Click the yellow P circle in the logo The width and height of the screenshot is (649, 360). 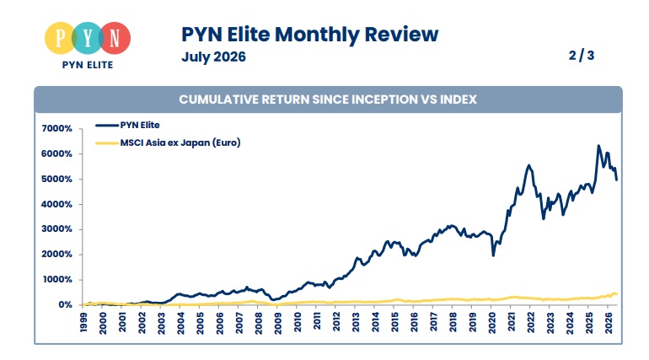[61, 38]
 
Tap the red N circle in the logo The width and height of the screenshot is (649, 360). [115, 38]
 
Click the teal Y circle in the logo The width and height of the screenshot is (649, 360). [88, 38]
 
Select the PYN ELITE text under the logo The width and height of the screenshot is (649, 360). [88, 65]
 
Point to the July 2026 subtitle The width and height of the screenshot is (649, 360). [213, 56]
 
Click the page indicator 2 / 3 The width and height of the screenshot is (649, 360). [582, 55]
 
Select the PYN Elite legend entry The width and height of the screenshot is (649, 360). [127, 125]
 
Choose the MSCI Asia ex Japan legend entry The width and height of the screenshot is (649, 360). [168, 142]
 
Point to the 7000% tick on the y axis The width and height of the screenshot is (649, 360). [56, 129]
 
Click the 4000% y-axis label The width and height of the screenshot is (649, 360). [56, 204]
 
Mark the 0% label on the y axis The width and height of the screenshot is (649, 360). [66, 305]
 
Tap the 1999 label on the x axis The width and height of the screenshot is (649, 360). [83, 322]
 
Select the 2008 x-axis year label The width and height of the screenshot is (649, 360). [259, 322]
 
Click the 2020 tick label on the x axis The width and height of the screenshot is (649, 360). [492, 322]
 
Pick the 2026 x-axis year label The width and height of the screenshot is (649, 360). [609, 322]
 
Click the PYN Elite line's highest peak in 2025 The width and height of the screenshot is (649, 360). [598, 146]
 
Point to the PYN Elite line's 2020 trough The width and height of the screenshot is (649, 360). [493, 255]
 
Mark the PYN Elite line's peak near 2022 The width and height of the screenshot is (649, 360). [529, 165]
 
